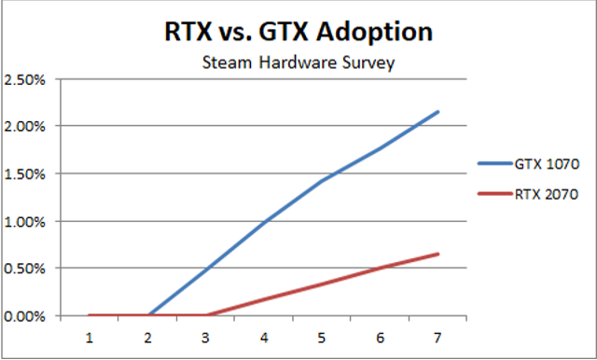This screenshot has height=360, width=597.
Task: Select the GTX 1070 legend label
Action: tap(547, 162)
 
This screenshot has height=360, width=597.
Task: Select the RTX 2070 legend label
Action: tap(547, 194)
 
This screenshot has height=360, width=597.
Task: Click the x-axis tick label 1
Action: tap(90, 334)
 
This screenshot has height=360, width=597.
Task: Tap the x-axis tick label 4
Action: tap(264, 334)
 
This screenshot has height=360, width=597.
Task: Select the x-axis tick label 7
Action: tap(438, 334)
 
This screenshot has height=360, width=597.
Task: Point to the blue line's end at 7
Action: tap(438, 112)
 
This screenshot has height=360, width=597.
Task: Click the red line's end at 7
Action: tap(438, 254)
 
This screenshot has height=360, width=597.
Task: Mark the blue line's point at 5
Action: tap(322, 181)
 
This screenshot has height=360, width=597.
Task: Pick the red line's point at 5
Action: tap(322, 283)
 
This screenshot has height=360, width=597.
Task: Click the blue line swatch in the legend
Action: tap(493, 162)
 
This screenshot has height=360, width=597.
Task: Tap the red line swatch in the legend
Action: tap(493, 194)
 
